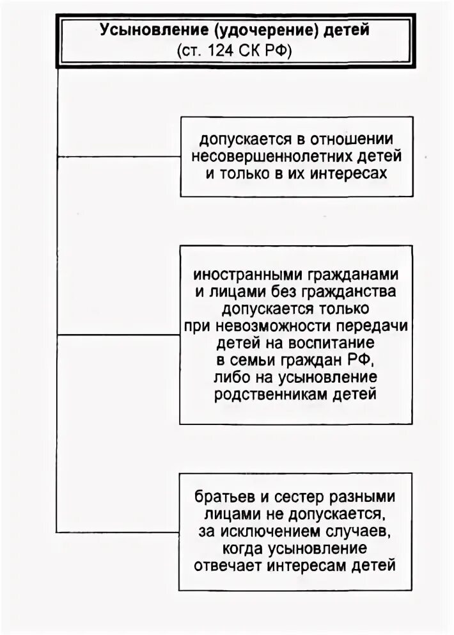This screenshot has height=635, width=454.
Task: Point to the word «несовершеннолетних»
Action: click(x=268, y=156)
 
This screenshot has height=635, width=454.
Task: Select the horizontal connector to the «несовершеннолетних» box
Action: click(x=119, y=156)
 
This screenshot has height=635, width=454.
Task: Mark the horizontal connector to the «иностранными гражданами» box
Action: click(x=118, y=334)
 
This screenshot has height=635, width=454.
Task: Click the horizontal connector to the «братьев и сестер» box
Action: click(x=118, y=532)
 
